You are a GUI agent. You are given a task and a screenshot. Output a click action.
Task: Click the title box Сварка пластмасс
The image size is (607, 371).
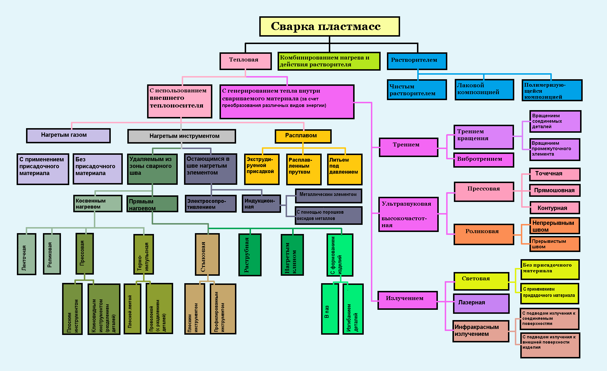[329, 26]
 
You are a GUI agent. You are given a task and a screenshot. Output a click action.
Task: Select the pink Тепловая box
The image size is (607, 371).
[246, 61]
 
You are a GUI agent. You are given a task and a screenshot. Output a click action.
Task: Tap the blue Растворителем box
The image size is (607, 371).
[417, 61]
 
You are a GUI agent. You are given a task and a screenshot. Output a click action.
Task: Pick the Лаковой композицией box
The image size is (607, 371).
[484, 90]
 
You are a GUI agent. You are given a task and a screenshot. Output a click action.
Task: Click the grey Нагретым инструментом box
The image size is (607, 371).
[182, 136]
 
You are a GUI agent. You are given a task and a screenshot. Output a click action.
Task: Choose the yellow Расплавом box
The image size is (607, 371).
[303, 136]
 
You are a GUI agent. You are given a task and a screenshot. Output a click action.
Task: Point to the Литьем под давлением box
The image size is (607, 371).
[345, 169]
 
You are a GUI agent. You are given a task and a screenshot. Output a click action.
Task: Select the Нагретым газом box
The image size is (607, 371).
[68, 136]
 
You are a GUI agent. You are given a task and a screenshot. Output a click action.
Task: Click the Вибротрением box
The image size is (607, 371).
[484, 160]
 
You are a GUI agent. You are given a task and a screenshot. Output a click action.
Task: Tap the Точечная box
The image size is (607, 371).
[555, 174]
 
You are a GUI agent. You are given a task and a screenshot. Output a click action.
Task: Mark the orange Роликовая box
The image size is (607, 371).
[484, 234]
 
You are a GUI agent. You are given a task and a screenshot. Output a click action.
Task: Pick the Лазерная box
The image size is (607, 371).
[481, 303]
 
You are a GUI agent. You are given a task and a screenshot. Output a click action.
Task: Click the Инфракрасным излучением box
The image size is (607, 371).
[481, 331]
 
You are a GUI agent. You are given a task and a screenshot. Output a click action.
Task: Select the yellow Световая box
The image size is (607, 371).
[481, 281]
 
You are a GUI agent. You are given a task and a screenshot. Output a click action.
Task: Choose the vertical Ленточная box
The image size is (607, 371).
[27, 254]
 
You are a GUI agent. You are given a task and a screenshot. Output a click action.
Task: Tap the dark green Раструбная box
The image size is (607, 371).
[250, 255]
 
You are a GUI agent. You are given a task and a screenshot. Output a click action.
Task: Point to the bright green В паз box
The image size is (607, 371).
[330, 309]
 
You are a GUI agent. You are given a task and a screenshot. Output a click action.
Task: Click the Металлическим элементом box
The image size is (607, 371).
[329, 195]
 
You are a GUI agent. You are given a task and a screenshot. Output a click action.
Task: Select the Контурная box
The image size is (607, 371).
[555, 208]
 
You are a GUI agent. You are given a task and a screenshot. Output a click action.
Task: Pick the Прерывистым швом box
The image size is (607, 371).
[555, 244]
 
